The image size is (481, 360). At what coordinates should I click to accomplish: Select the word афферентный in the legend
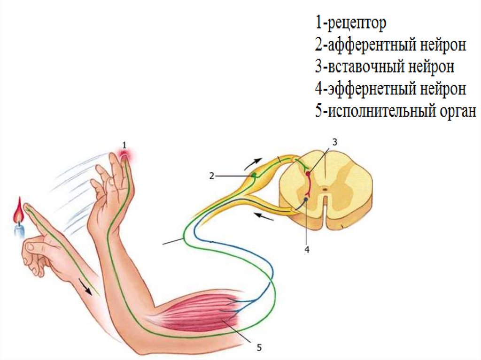[374, 45]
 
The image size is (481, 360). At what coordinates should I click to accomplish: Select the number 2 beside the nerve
[212, 176]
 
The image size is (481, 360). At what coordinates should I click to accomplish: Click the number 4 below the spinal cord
[307, 250]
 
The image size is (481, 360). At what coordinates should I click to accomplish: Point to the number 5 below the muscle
[259, 348]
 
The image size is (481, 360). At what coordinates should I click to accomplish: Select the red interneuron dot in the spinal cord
[308, 174]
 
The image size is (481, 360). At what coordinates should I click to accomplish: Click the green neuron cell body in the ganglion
[254, 175]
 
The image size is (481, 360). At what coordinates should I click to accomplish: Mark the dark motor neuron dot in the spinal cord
[306, 199]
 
